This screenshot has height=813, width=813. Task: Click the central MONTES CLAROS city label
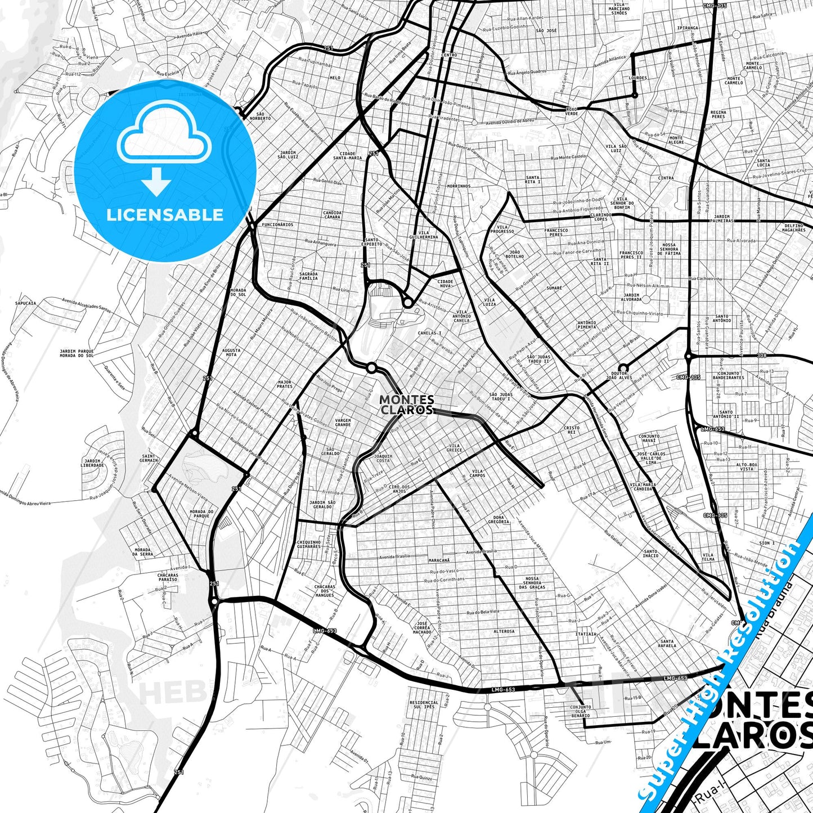pyautogui.click(x=406, y=405)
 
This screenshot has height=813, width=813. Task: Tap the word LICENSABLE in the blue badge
pyautogui.click(x=165, y=214)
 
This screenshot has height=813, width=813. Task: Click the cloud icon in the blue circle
pyautogui.click(x=164, y=136)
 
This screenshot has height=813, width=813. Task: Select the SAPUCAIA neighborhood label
pyautogui.click(x=26, y=303)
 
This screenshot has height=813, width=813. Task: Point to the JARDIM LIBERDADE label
pyautogui.click(x=92, y=463)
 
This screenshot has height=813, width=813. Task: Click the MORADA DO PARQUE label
pyautogui.click(x=201, y=514)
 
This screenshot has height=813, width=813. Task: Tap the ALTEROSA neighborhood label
pyautogui.click(x=504, y=631)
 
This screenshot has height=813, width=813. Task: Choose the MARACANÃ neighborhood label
pyautogui.click(x=439, y=560)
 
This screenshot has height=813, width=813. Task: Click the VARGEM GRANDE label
pyautogui.click(x=343, y=423)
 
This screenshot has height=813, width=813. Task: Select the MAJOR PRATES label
pyautogui.click(x=285, y=384)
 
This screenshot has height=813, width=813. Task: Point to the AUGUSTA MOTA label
pyautogui.click(x=231, y=353)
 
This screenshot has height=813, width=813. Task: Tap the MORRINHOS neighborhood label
pyautogui.click(x=459, y=186)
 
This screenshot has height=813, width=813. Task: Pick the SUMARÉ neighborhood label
pyautogui.click(x=554, y=288)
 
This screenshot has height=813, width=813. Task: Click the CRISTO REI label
pyautogui.click(x=571, y=430)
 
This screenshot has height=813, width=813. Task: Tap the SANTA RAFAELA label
pyautogui.click(x=667, y=644)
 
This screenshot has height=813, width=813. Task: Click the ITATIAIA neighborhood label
pyautogui.click(x=586, y=634)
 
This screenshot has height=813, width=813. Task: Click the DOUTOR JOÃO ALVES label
pyautogui.click(x=622, y=375)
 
